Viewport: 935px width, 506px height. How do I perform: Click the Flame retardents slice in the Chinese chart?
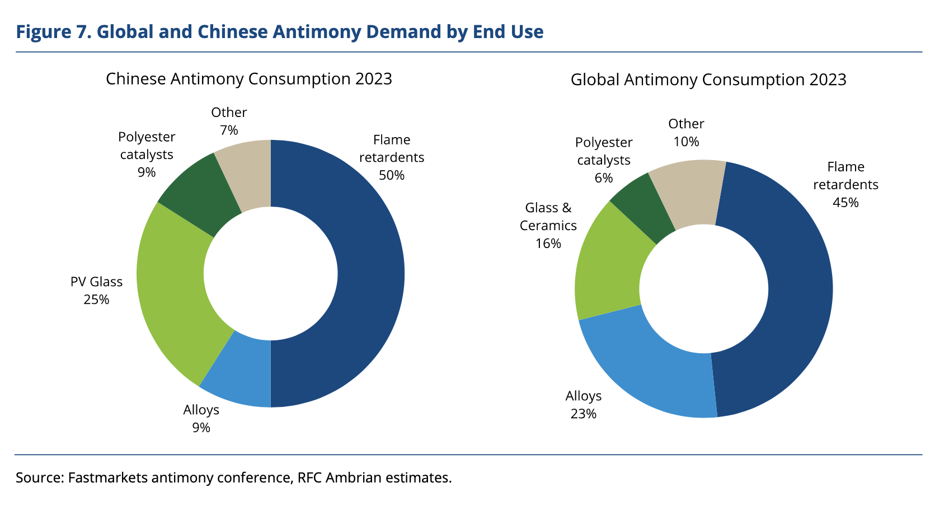(369, 274)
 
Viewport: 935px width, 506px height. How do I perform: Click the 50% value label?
(391, 175)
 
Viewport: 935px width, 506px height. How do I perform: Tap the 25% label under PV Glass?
(96, 299)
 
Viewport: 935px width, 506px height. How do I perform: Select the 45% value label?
(845, 203)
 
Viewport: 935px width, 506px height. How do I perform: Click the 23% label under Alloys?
(583, 414)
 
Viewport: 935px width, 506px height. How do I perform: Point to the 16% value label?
(548, 243)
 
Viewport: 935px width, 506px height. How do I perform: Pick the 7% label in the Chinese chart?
(229, 130)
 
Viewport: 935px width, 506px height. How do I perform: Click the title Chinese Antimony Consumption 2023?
(249, 79)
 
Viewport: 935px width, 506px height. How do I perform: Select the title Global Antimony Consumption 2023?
(708, 79)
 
